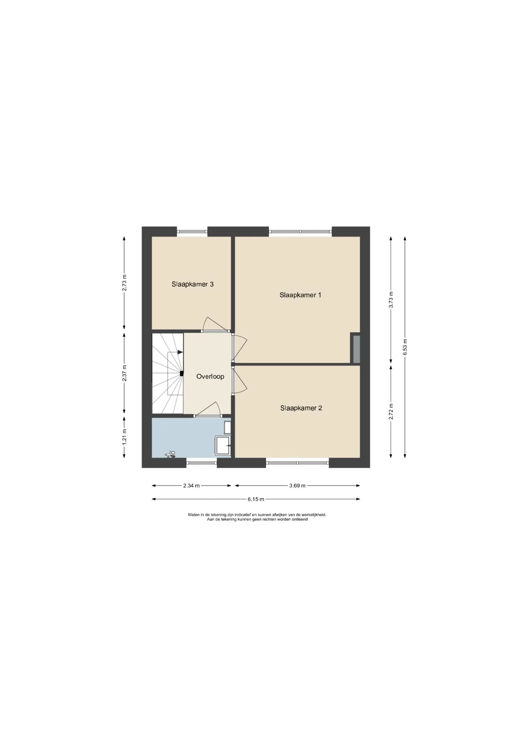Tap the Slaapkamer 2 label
coord(301,408)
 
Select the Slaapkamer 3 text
coord(193,284)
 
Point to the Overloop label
coord(210,376)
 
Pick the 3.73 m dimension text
coord(391,300)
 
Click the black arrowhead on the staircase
coord(180,352)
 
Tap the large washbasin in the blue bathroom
coord(223,445)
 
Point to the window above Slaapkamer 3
coord(192,232)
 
